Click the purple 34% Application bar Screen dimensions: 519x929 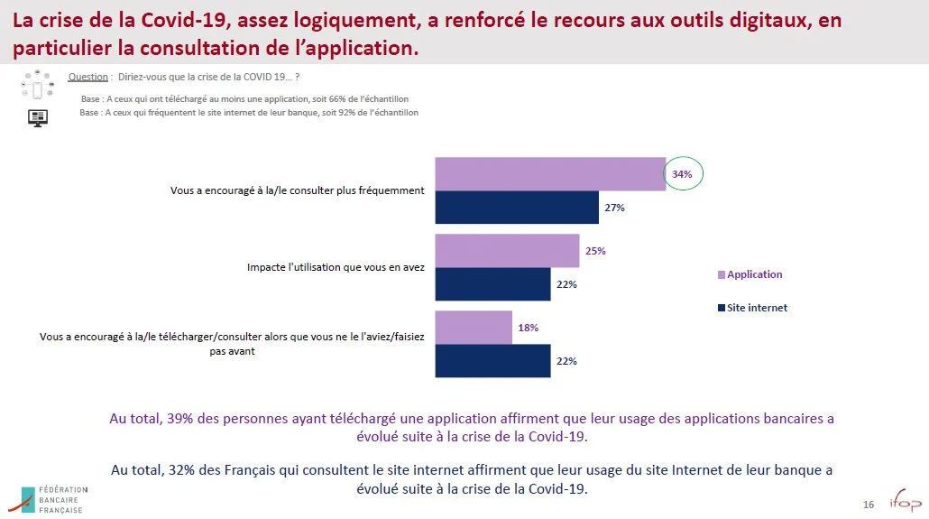click(x=550, y=173)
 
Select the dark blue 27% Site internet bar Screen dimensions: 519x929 click(x=517, y=208)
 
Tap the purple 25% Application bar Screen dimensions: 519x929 click(x=507, y=251)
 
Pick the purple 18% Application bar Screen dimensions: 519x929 click(x=474, y=328)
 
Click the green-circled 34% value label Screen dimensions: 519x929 click(x=683, y=174)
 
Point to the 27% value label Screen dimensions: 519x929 click(x=615, y=208)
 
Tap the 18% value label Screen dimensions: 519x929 click(x=528, y=328)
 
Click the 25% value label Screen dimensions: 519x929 click(x=595, y=251)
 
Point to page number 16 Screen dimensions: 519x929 click(x=869, y=504)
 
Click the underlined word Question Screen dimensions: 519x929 click(x=88, y=78)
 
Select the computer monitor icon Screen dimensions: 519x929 click(x=38, y=117)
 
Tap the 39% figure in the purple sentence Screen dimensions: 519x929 click(x=179, y=419)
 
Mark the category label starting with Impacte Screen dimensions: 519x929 click(x=336, y=268)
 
